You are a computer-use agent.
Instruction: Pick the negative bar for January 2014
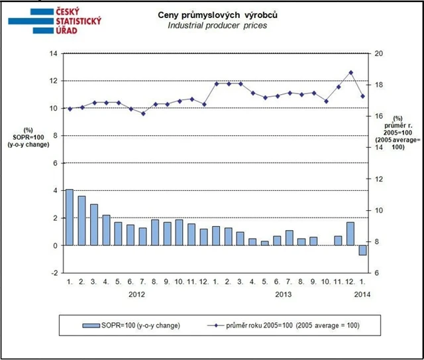(362, 250)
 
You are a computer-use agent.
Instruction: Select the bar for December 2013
(350, 233)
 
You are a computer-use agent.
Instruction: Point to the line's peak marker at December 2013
(350, 72)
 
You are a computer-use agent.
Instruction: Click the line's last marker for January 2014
(362, 96)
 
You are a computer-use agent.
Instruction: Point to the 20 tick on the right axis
(378, 54)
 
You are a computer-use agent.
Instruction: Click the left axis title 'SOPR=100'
(28, 137)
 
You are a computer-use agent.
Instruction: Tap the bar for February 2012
(81, 221)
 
